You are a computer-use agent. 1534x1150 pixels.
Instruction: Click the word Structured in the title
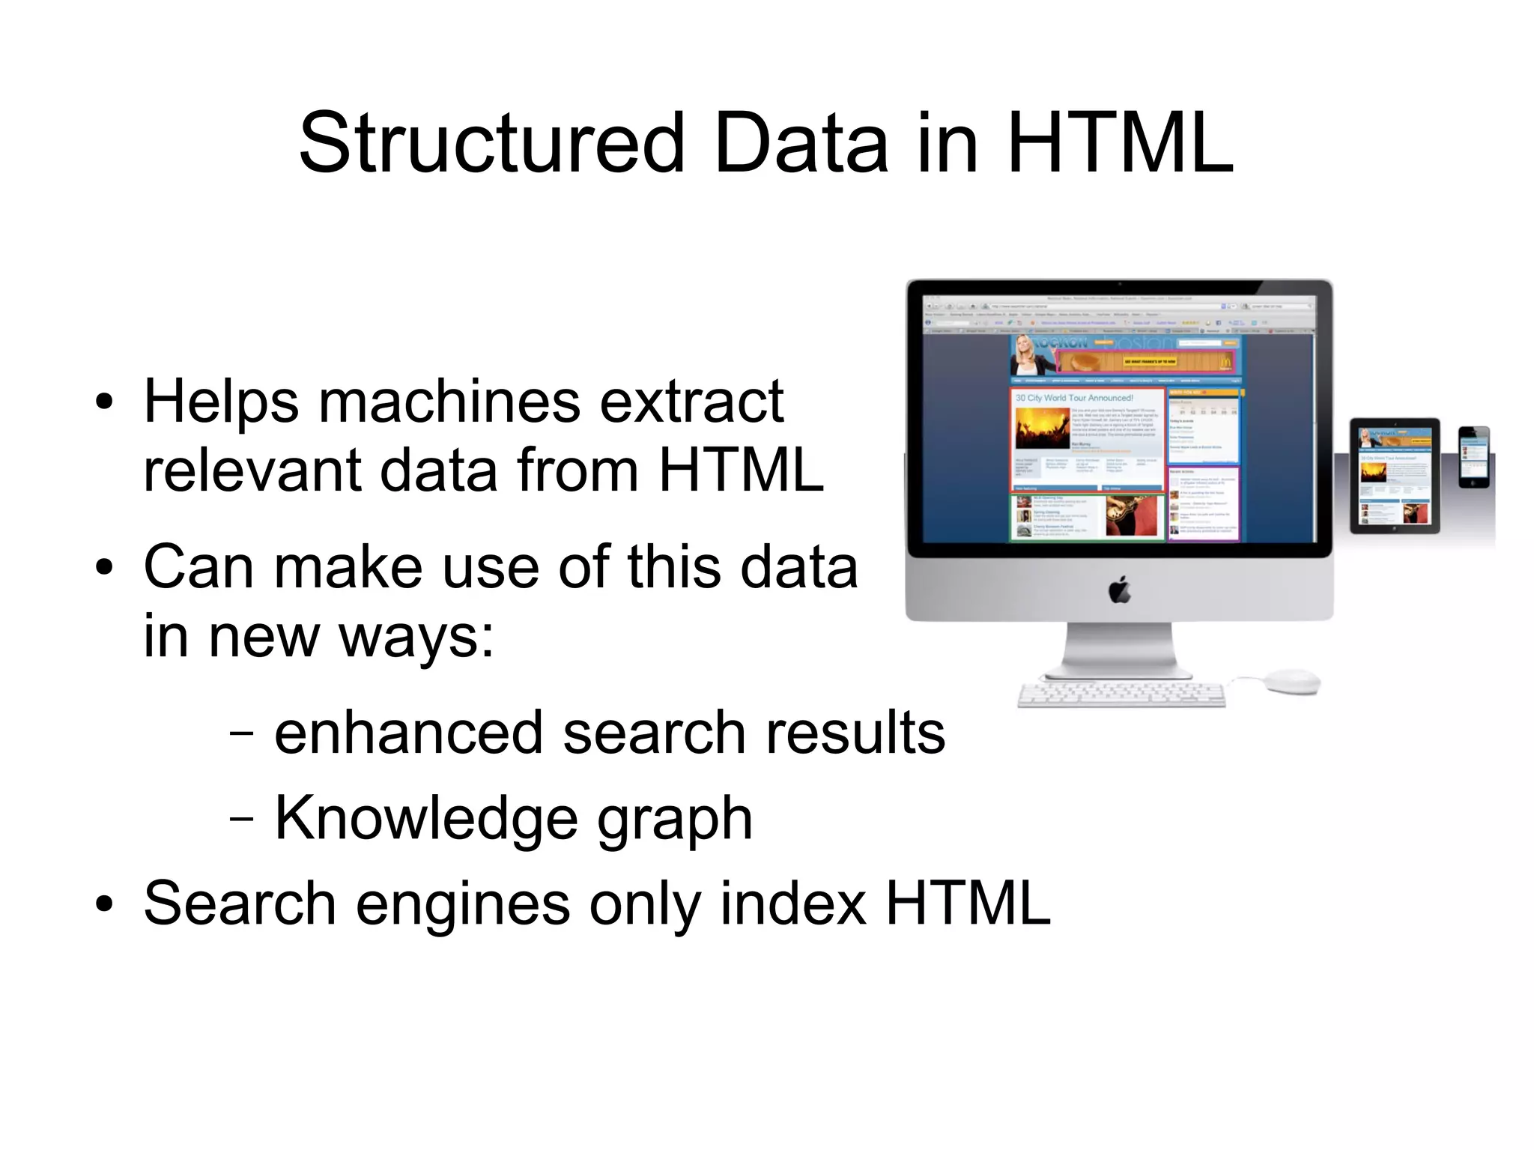point(491,142)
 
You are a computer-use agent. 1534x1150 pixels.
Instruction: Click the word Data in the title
point(801,142)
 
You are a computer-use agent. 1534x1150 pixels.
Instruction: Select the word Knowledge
point(426,818)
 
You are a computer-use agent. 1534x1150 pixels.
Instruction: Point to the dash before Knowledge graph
point(241,820)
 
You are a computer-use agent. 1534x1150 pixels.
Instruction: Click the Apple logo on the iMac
point(1119,590)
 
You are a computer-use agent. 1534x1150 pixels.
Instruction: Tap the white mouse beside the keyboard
point(1291,680)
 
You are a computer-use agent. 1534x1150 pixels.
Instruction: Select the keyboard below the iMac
point(1121,694)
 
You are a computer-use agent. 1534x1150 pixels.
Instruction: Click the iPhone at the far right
point(1474,457)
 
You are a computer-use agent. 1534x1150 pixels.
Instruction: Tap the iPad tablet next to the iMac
point(1395,476)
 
